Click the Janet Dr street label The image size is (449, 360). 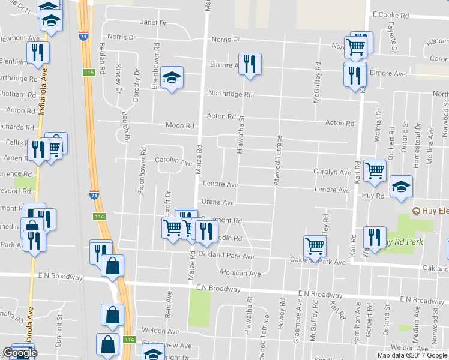(153, 23)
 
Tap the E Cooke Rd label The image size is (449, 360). (390, 14)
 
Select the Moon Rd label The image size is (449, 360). (181, 126)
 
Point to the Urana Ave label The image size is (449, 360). (217, 202)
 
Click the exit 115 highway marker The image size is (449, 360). (89, 73)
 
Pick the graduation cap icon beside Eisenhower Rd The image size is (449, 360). (172, 77)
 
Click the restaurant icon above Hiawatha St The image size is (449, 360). (250, 63)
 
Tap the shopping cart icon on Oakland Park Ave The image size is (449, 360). (315, 245)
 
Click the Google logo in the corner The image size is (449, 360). (20, 353)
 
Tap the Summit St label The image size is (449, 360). (59, 328)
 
